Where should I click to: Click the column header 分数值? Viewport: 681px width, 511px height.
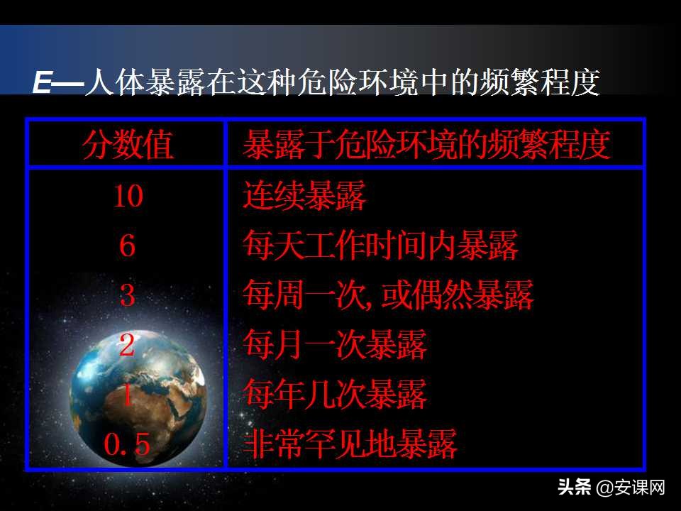[x=128, y=145]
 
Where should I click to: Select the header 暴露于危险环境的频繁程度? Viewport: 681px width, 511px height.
[x=426, y=145]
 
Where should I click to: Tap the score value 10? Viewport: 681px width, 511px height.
[x=128, y=197]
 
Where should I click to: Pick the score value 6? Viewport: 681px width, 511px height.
[x=128, y=246]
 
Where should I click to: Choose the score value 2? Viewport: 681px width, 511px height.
[x=128, y=346]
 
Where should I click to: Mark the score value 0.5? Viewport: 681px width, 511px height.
[x=128, y=445]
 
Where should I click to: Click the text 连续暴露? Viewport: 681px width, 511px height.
[x=304, y=197]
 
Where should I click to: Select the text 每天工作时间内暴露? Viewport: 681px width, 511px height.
[x=381, y=246]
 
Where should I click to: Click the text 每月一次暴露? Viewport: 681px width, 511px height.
[x=335, y=346]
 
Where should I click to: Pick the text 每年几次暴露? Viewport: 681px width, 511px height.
[x=335, y=395]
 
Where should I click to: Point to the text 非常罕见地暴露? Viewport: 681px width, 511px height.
[x=350, y=445]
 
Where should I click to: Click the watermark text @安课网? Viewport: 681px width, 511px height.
[x=631, y=488]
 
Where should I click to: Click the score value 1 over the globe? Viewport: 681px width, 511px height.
[x=128, y=395]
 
